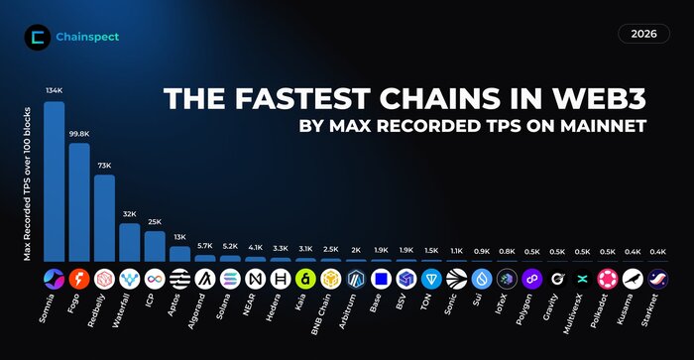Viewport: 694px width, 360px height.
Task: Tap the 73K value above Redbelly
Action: coord(104,166)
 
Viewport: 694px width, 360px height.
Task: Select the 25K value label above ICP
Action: coord(155,222)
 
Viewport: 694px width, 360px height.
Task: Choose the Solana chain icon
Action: coord(230,278)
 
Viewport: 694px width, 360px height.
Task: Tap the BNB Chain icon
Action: coord(331,278)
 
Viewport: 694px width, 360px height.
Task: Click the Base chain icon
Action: coord(381,278)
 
